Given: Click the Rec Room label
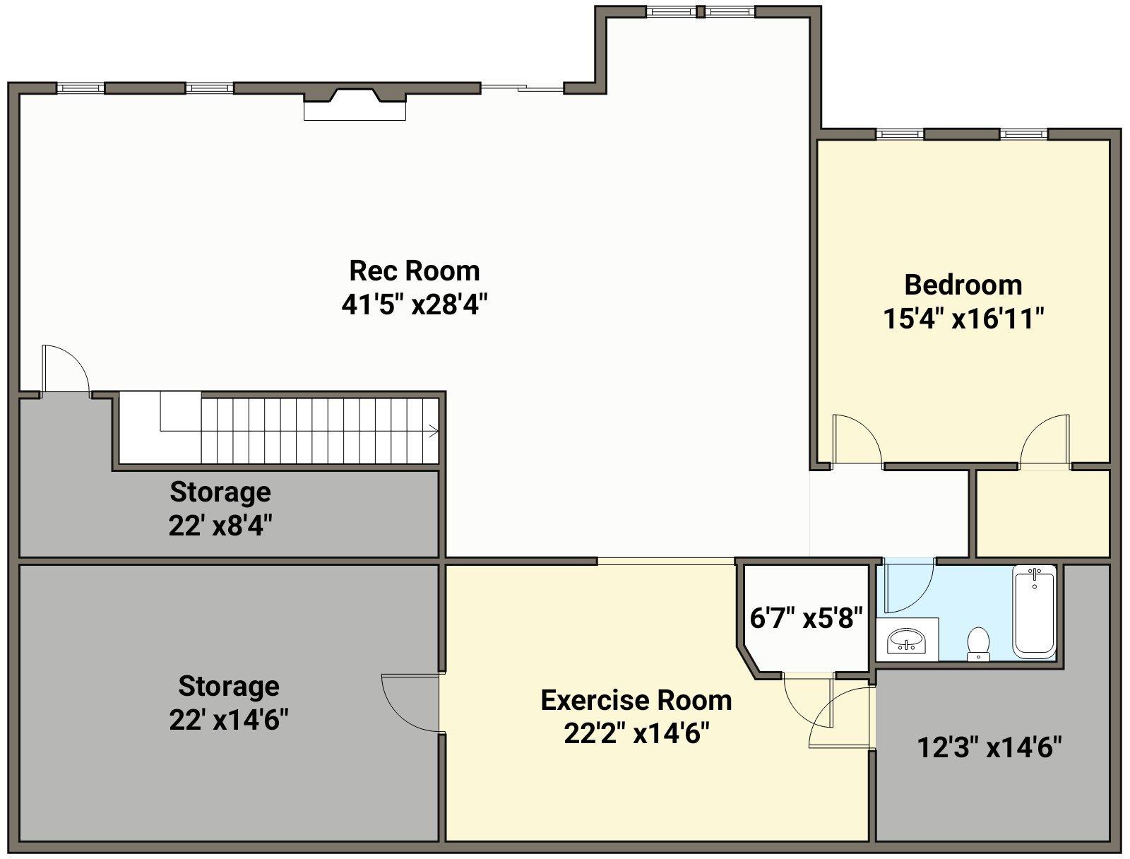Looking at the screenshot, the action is [415, 271].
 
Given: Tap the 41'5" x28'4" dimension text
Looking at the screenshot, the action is [415, 304].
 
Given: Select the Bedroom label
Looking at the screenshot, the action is [963, 285].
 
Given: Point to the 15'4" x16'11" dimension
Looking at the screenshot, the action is [963, 319].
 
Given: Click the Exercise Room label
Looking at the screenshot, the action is [636, 701].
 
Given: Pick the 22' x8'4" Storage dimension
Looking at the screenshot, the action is [220, 526].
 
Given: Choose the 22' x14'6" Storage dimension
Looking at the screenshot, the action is [229, 720].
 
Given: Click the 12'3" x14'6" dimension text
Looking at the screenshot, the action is [989, 747].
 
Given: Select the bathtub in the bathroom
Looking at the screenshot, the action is [1035, 612].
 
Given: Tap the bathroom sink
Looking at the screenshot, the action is [907, 641].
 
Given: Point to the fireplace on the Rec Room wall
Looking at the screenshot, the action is [355, 104].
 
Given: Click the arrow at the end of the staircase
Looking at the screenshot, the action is [433, 431].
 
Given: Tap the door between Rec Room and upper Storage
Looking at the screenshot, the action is [66, 369].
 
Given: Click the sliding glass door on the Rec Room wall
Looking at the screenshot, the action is [522, 88].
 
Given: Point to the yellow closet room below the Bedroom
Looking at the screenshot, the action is [1042, 513].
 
